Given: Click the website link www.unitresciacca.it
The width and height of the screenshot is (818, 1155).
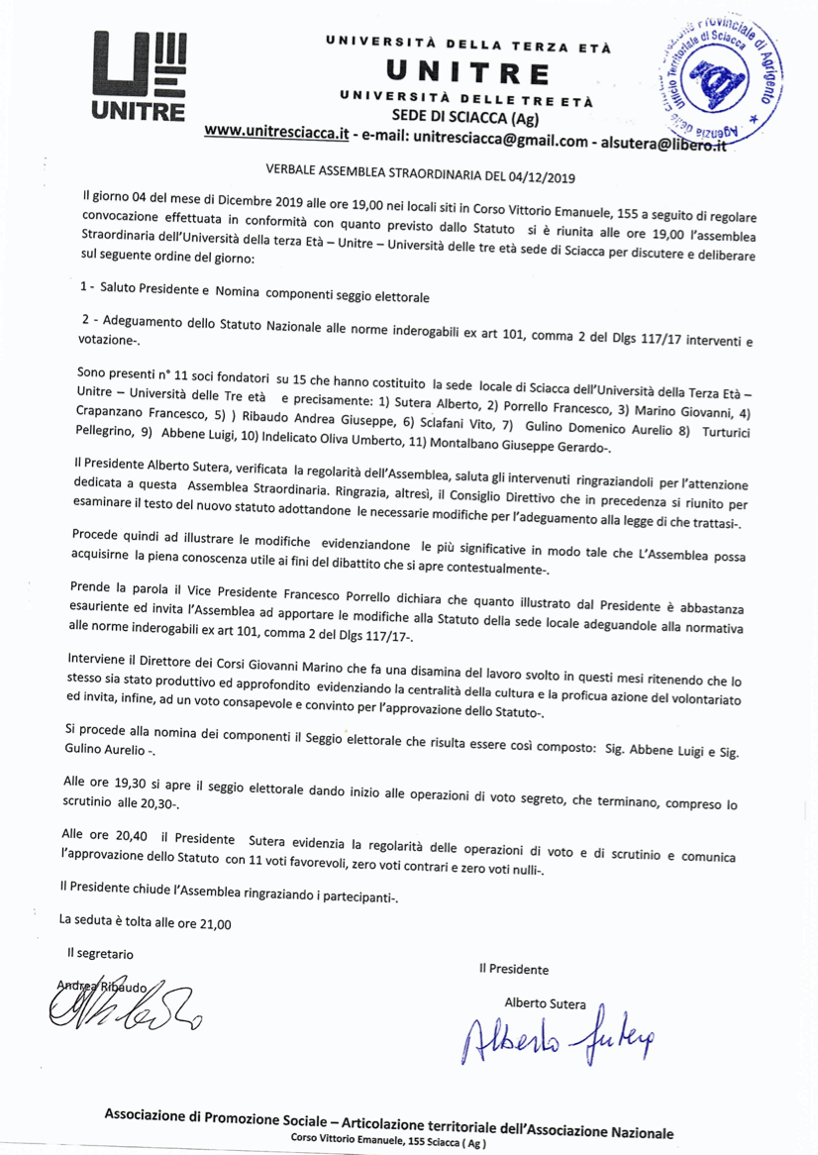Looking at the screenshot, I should (278, 134).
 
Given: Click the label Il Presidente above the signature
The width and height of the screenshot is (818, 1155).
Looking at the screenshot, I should (512, 970).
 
